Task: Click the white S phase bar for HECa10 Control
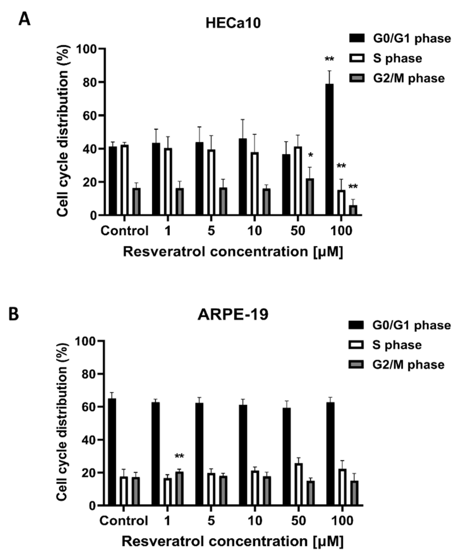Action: pos(125,180)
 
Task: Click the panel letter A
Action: pos(24,20)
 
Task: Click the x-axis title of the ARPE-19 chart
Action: pos(233,541)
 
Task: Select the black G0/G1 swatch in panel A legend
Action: pos(357,38)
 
